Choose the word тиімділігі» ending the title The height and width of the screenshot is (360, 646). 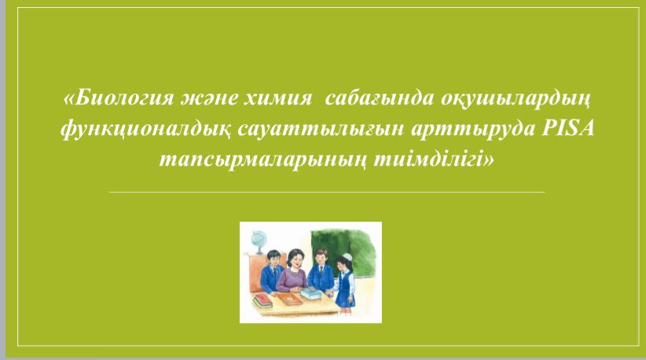pos(434,160)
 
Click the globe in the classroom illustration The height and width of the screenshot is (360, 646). pos(259,242)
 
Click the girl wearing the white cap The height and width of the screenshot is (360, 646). pos(345,285)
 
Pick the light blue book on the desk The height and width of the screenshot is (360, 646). pos(312,294)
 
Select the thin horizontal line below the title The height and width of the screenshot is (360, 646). pos(327,192)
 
